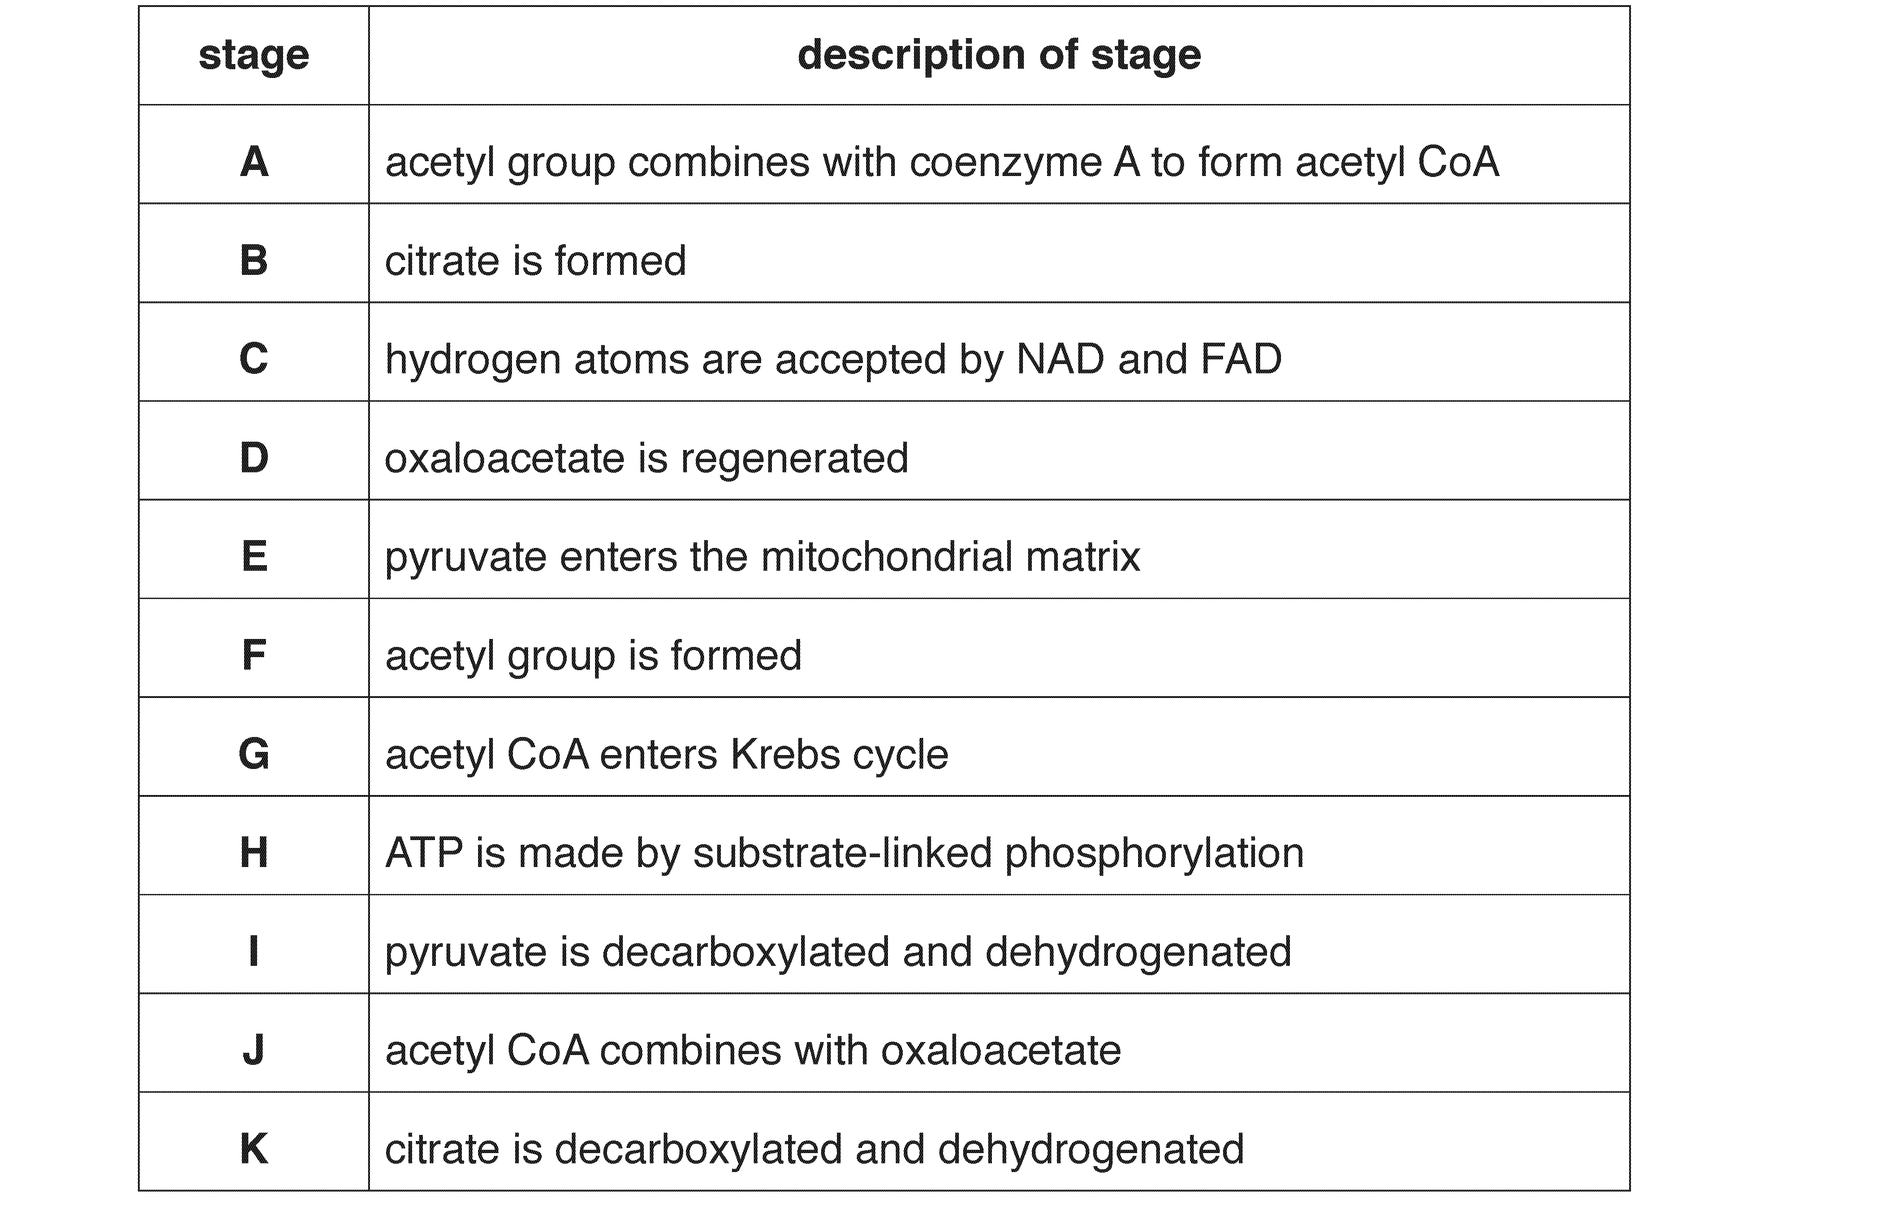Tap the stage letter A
(x=253, y=162)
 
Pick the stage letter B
(x=253, y=260)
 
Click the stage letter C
(x=253, y=359)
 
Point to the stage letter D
(x=253, y=457)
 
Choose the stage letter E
(x=253, y=556)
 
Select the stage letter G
(x=253, y=754)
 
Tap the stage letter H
(x=253, y=853)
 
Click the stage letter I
(x=253, y=951)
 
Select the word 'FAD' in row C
(x=1241, y=359)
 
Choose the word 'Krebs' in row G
(x=785, y=754)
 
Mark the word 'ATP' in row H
(x=424, y=853)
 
